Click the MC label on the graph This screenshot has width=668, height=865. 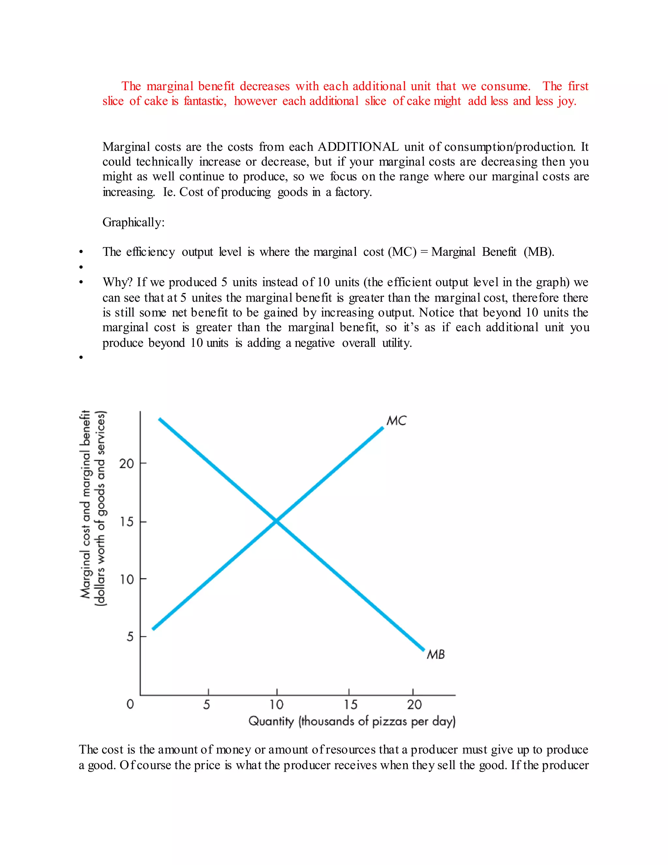pyautogui.click(x=396, y=421)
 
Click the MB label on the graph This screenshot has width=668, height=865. pyautogui.click(x=436, y=654)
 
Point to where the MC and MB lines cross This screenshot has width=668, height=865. pyautogui.click(x=276, y=521)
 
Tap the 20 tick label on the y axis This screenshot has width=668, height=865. pyautogui.click(x=127, y=464)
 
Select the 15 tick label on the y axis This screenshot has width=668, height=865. pyautogui.click(x=127, y=522)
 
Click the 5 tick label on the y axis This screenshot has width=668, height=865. pyautogui.click(x=130, y=637)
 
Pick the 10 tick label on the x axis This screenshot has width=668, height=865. pyautogui.click(x=276, y=705)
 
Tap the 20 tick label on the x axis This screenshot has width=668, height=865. pyautogui.click(x=414, y=705)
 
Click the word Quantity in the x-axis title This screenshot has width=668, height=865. pyautogui.click(x=271, y=721)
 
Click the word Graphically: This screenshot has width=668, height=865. pyautogui.click(x=133, y=223)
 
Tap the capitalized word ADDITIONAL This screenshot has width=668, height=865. pyautogui.click(x=358, y=147)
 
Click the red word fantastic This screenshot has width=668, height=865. pyautogui.click(x=205, y=101)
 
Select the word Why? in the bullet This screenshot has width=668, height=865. pyautogui.click(x=117, y=282)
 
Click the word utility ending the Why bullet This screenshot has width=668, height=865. pyautogui.click(x=397, y=343)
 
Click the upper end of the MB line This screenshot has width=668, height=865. pyautogui.click(x=160, y=419)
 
